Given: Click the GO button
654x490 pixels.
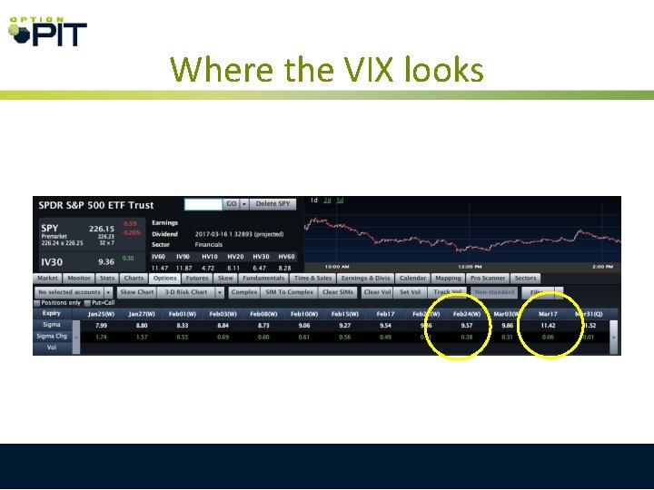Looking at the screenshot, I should (x=233, y=204).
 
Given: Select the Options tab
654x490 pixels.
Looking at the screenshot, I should (x=164, y=279).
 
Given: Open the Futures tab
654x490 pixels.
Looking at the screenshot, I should (x=197, y=279).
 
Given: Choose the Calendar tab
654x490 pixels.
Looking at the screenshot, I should (x=412, y=279).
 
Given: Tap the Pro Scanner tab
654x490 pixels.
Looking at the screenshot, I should (x=488, y=279).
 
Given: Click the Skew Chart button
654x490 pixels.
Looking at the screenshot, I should (x=137, y=292).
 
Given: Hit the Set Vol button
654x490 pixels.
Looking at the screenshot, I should (x=411, y=292).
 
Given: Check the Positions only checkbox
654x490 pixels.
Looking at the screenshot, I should (x=37, y=302).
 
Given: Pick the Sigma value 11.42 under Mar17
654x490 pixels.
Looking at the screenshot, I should (x=548, y=324).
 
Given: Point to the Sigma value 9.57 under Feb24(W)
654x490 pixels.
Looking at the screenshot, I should (x=466, y=324).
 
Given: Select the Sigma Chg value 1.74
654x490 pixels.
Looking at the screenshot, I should (x=101, y=337).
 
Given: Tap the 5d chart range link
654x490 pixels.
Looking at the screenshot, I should (x=340, y=201).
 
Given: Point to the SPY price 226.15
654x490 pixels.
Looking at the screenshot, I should (x=101, y=229).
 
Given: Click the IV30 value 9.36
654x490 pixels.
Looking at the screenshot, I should (x=104, y=261).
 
